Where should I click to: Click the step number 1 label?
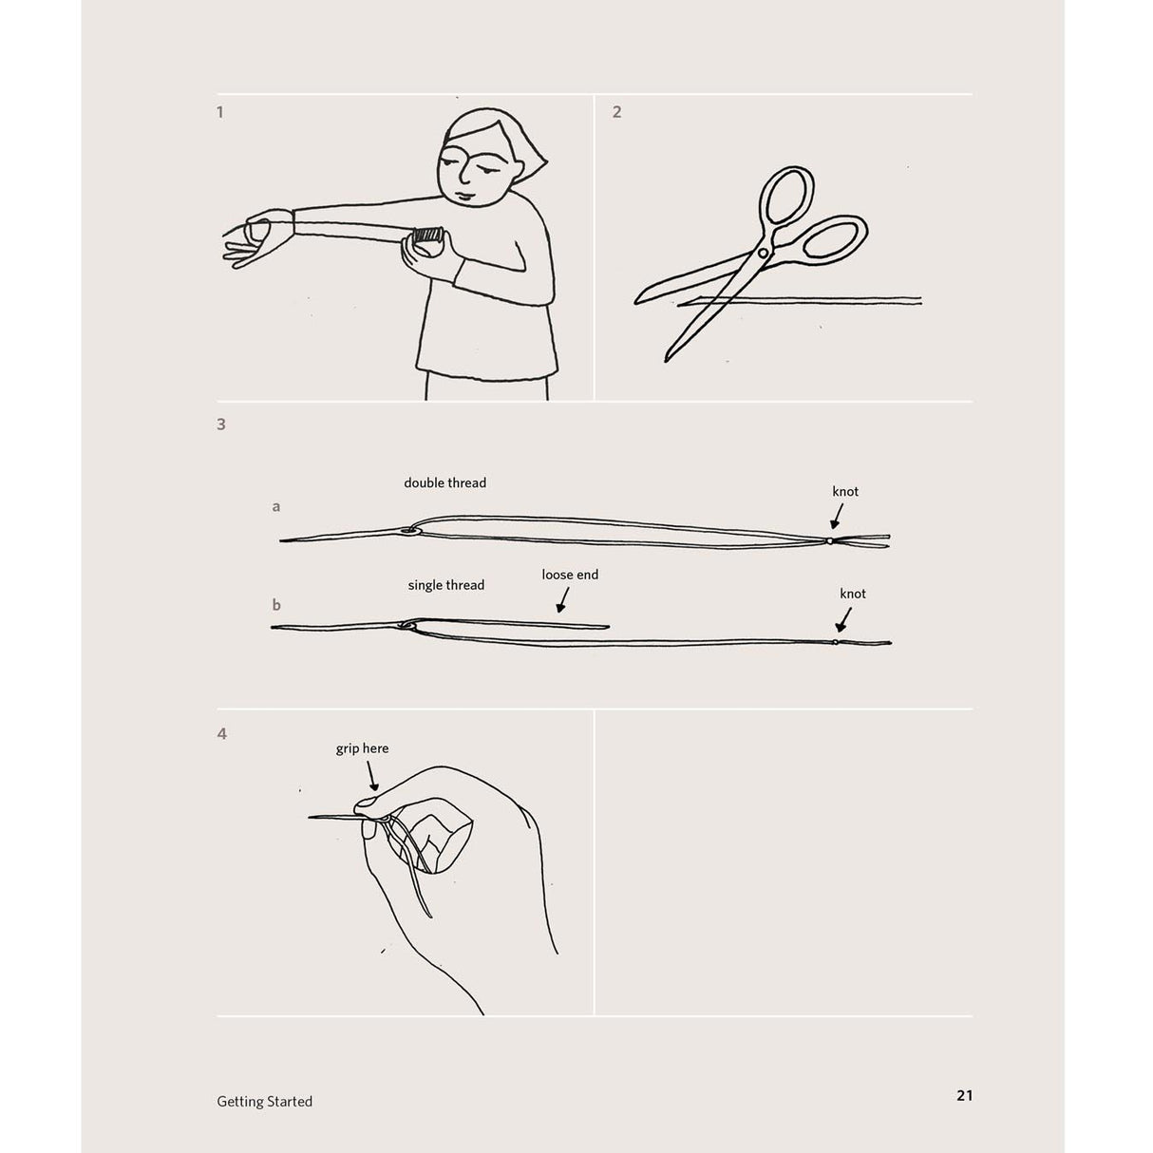click(x=220, y=112)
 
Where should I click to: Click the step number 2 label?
click(x=617, y=112)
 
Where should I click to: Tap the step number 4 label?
click(x=222, y=733)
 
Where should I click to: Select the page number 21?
click(x=965, y=1095)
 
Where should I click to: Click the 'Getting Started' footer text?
click(x=264, y=1102)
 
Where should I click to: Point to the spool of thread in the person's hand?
click(x=427, y=235)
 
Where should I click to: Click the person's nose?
click(x=465, y=176)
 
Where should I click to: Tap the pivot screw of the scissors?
click(x=764, y=253)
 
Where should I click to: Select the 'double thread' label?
click(x=444, y=482)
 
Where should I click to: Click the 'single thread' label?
click(x=445, y=585)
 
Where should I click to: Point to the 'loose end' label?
click(x=570, y=575)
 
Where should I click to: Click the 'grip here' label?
click(x=362, y=748)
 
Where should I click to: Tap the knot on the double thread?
click(x=830, y=541)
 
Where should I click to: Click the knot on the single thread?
click(x=835, y=643)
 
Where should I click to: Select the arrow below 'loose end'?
click(x=562, y=599)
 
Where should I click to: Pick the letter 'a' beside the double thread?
click(x=275, y=507)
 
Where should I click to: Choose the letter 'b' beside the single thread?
click(x=276, y=604)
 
